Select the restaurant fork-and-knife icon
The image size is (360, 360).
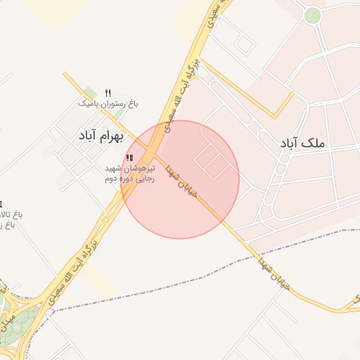[108, 93]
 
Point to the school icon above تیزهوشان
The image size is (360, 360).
[129, 157]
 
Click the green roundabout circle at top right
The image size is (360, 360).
[312, 15]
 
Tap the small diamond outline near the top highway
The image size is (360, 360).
[244, 44]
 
